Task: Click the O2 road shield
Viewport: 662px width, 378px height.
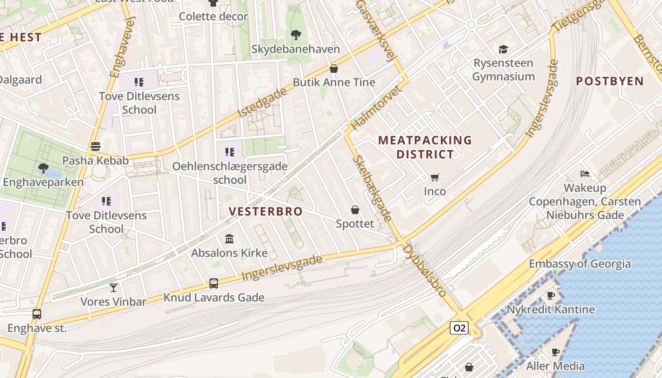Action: click(459, 328)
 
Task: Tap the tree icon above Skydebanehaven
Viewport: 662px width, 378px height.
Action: click(296, 34)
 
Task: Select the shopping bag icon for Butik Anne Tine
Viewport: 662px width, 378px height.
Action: click(334, 69)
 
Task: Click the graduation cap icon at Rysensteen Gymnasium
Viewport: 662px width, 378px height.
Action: click(503, 49)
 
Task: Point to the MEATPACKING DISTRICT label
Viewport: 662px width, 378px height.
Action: click(425, 147)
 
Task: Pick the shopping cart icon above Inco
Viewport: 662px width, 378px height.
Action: click(435, 178)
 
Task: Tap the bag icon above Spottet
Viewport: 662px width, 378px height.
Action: click(355, 210)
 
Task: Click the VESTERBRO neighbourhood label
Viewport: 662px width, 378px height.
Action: click(266, 211)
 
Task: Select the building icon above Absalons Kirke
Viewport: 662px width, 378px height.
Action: click(229, 239)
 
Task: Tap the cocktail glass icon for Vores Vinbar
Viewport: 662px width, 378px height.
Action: click(113, 287)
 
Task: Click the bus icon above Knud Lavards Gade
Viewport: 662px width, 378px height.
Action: click(214, 283)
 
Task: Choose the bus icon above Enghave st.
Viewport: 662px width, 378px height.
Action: click(37, 314)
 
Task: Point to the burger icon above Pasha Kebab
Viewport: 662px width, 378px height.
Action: click(96, 146)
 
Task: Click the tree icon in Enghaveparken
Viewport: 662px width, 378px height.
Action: click(43, 168)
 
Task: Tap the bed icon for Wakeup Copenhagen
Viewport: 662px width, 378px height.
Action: click(585, 174)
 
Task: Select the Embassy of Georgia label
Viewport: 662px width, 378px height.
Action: click(580, 264)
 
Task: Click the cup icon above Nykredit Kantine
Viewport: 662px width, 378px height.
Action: click(551, 295)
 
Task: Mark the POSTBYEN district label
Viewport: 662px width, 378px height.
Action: click(610, 81)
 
